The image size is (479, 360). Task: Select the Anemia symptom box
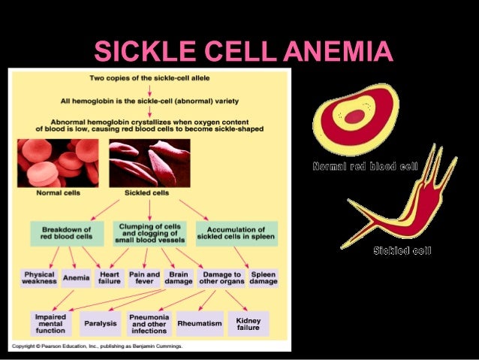coord(77,278)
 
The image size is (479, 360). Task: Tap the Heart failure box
coord(110,278)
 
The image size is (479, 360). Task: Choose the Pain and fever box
coord(144,278)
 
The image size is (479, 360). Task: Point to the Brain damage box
coord(179,278)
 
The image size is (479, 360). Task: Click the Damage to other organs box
coord(222,278)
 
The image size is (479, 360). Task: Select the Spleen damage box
coord(264,278)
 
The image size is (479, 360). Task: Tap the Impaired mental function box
coord(51,324)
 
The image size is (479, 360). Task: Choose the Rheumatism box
coord(200,324)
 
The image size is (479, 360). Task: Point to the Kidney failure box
coord(248,324)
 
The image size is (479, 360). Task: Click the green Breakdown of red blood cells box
coord(66,232)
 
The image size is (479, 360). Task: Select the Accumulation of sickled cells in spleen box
coord(236,232)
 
